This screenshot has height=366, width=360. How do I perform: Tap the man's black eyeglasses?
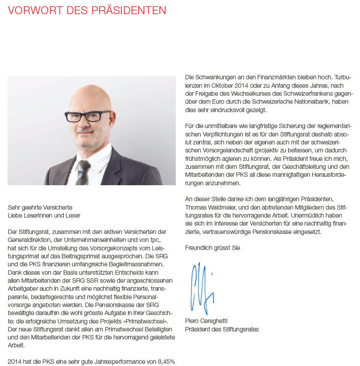(88, 117)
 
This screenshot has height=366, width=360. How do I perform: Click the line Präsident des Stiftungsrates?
(222, 329)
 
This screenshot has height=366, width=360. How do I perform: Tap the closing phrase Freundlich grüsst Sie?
(213, 248)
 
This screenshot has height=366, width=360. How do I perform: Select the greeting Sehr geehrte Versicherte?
(40, 207)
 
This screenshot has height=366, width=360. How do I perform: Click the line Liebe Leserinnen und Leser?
(44, 215)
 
